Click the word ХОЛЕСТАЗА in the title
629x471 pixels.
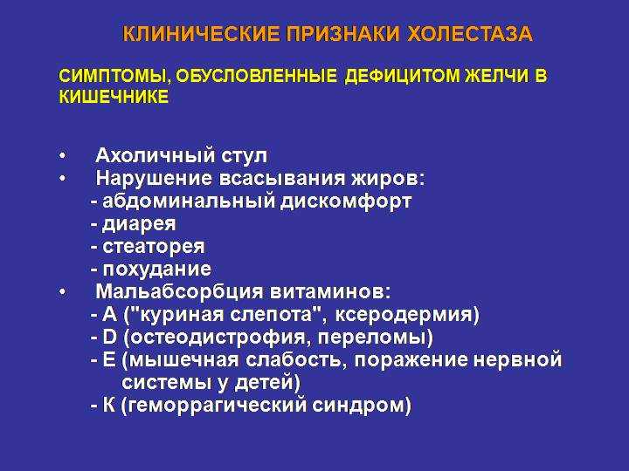click(x=470, y=34)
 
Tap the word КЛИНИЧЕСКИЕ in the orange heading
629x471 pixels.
click(x=201, y=34)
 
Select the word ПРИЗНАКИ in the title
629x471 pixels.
click(x=343, y=34)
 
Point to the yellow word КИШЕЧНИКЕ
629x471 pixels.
click(x=114, y=97)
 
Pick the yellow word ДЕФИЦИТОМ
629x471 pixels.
click(x=402, y=76)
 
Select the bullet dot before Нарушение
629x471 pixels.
click(x=62, y=178)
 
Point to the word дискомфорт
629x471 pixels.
click(x=345, y=201)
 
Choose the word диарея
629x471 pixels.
click(x=139, y=224)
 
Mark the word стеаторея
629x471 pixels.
click(x=154, y=247)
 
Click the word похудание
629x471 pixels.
click(x=157, y=270)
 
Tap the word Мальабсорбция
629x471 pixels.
click(x=180, y=292)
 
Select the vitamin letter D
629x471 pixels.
click(x=109, y=337)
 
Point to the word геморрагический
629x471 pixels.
click(x=217, y=406)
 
